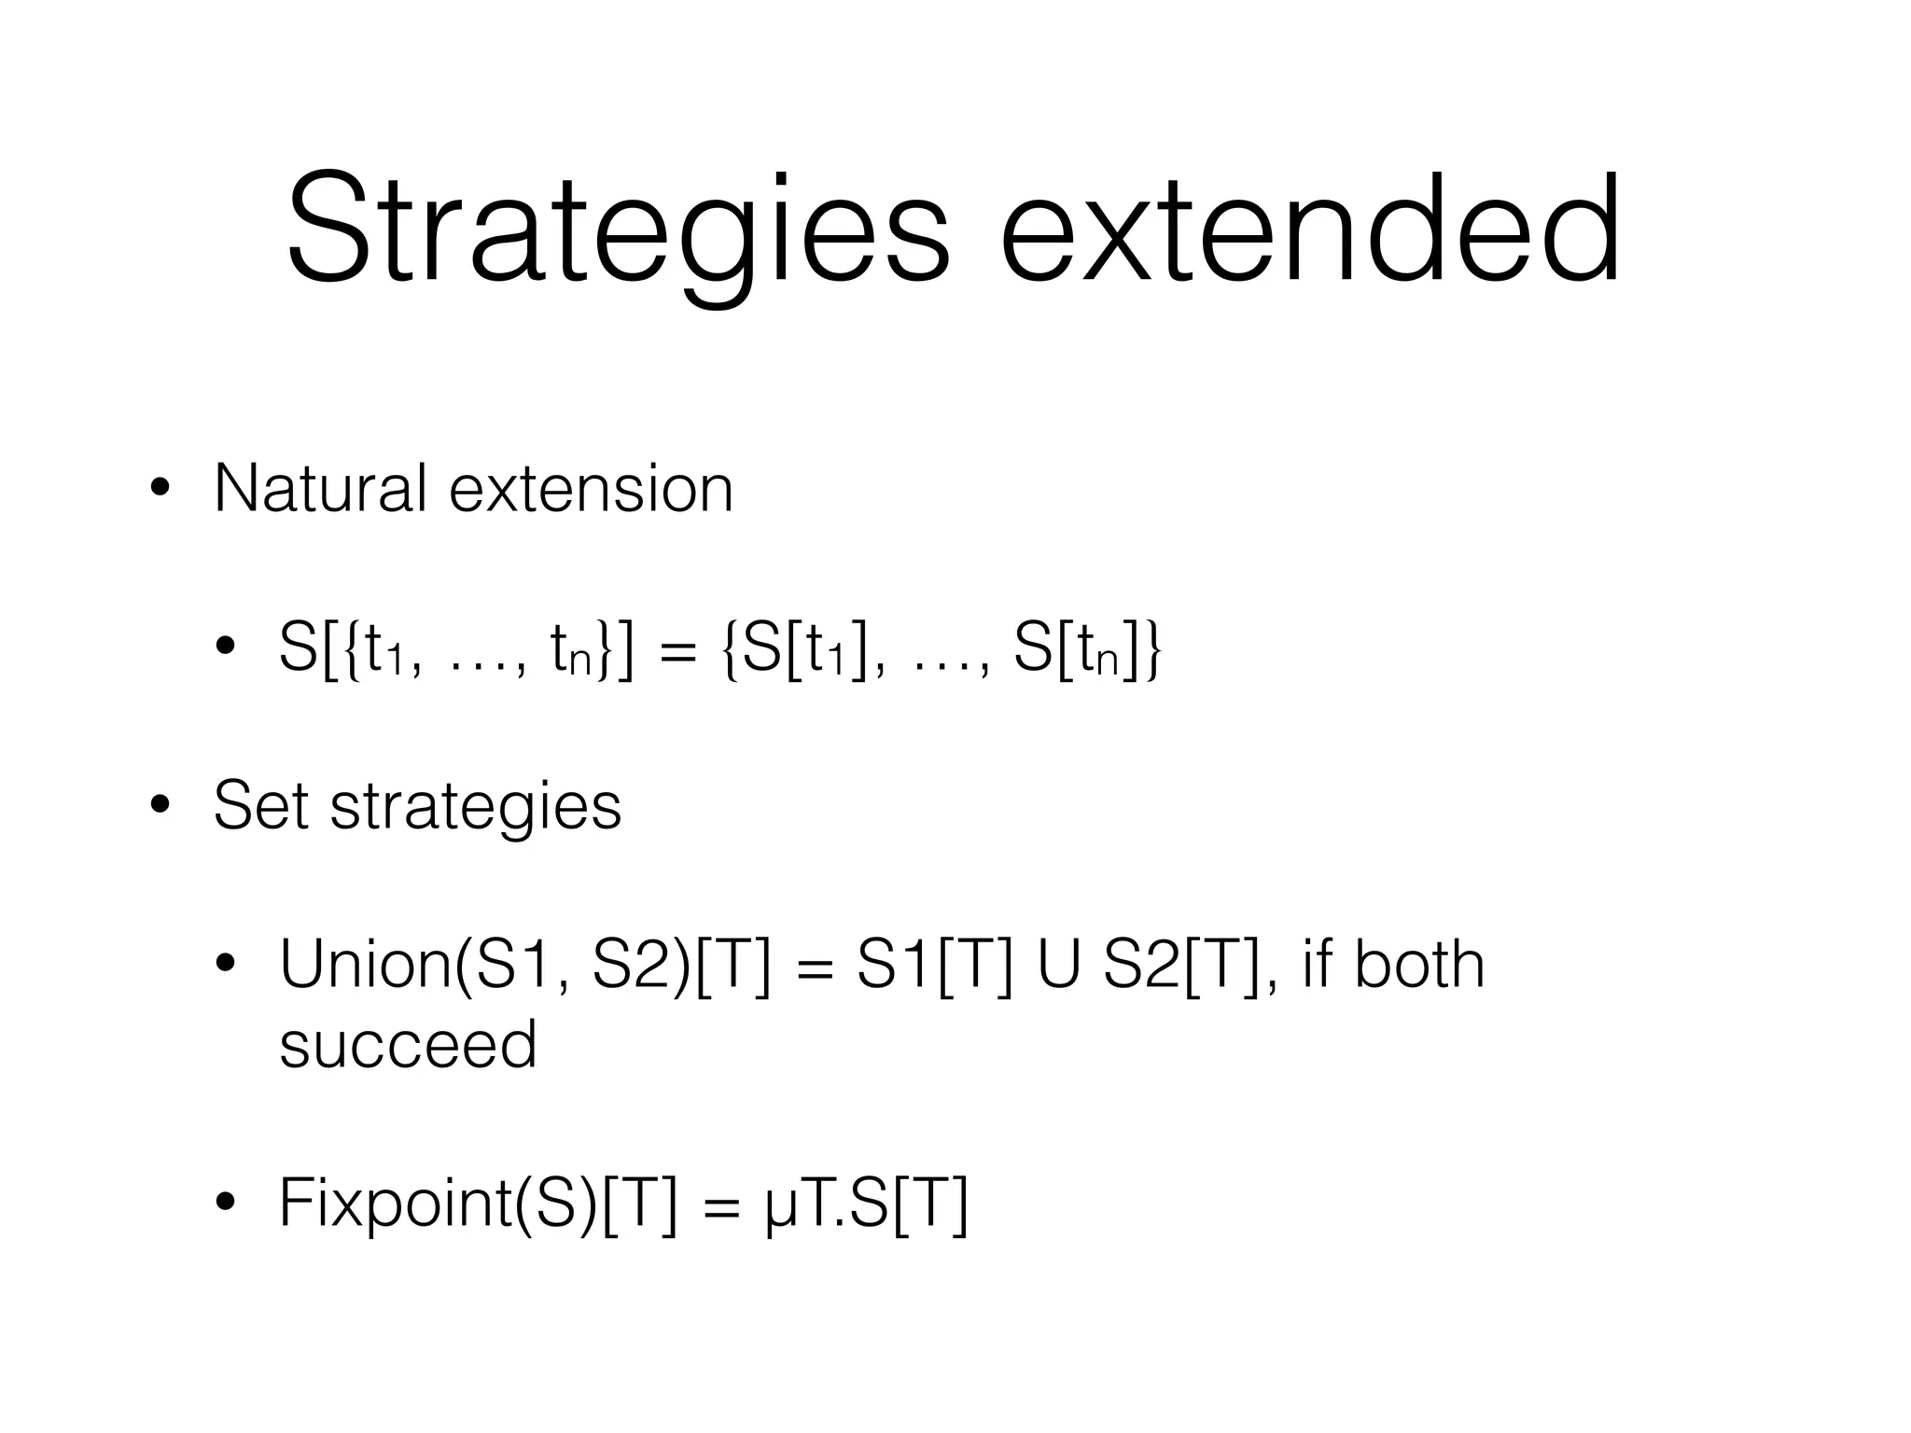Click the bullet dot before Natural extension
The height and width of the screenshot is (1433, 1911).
(160, 489)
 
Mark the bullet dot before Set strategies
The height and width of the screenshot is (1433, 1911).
(160, 805)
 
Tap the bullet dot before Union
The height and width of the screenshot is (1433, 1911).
(225, 966)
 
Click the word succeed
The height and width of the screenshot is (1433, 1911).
(408, 1045)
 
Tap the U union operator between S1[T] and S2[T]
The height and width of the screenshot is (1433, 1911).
(1056, 966)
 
